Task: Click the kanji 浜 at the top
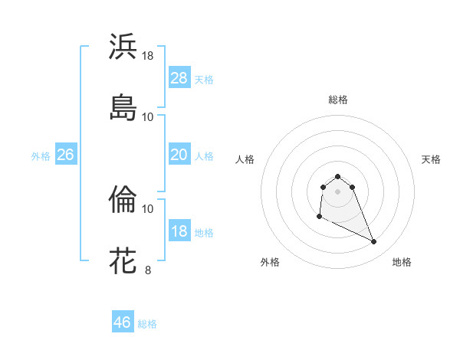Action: [123, 47]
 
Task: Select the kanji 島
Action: [123, 107]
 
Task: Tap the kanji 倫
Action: [123, 201]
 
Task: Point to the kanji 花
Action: [123, 260]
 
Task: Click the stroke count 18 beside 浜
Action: [148, 56]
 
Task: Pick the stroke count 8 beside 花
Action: [148, 270]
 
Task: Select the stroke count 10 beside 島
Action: [148, 116]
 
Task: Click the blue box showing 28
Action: [179, 78]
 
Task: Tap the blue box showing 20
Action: [179, 155]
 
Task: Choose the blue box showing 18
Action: [179, 231]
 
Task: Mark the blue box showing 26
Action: [65, 155]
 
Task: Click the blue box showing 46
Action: [123, 322]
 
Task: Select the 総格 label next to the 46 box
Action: [147, 324]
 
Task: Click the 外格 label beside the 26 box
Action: [41, 156]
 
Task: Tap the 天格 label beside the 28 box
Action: [204, 80]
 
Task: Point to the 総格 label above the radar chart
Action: [337, 100]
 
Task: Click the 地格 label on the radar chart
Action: [402, 262]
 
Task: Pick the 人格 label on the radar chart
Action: [245, 159]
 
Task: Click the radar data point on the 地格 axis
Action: [374, 242]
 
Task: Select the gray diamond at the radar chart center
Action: [337, 191]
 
